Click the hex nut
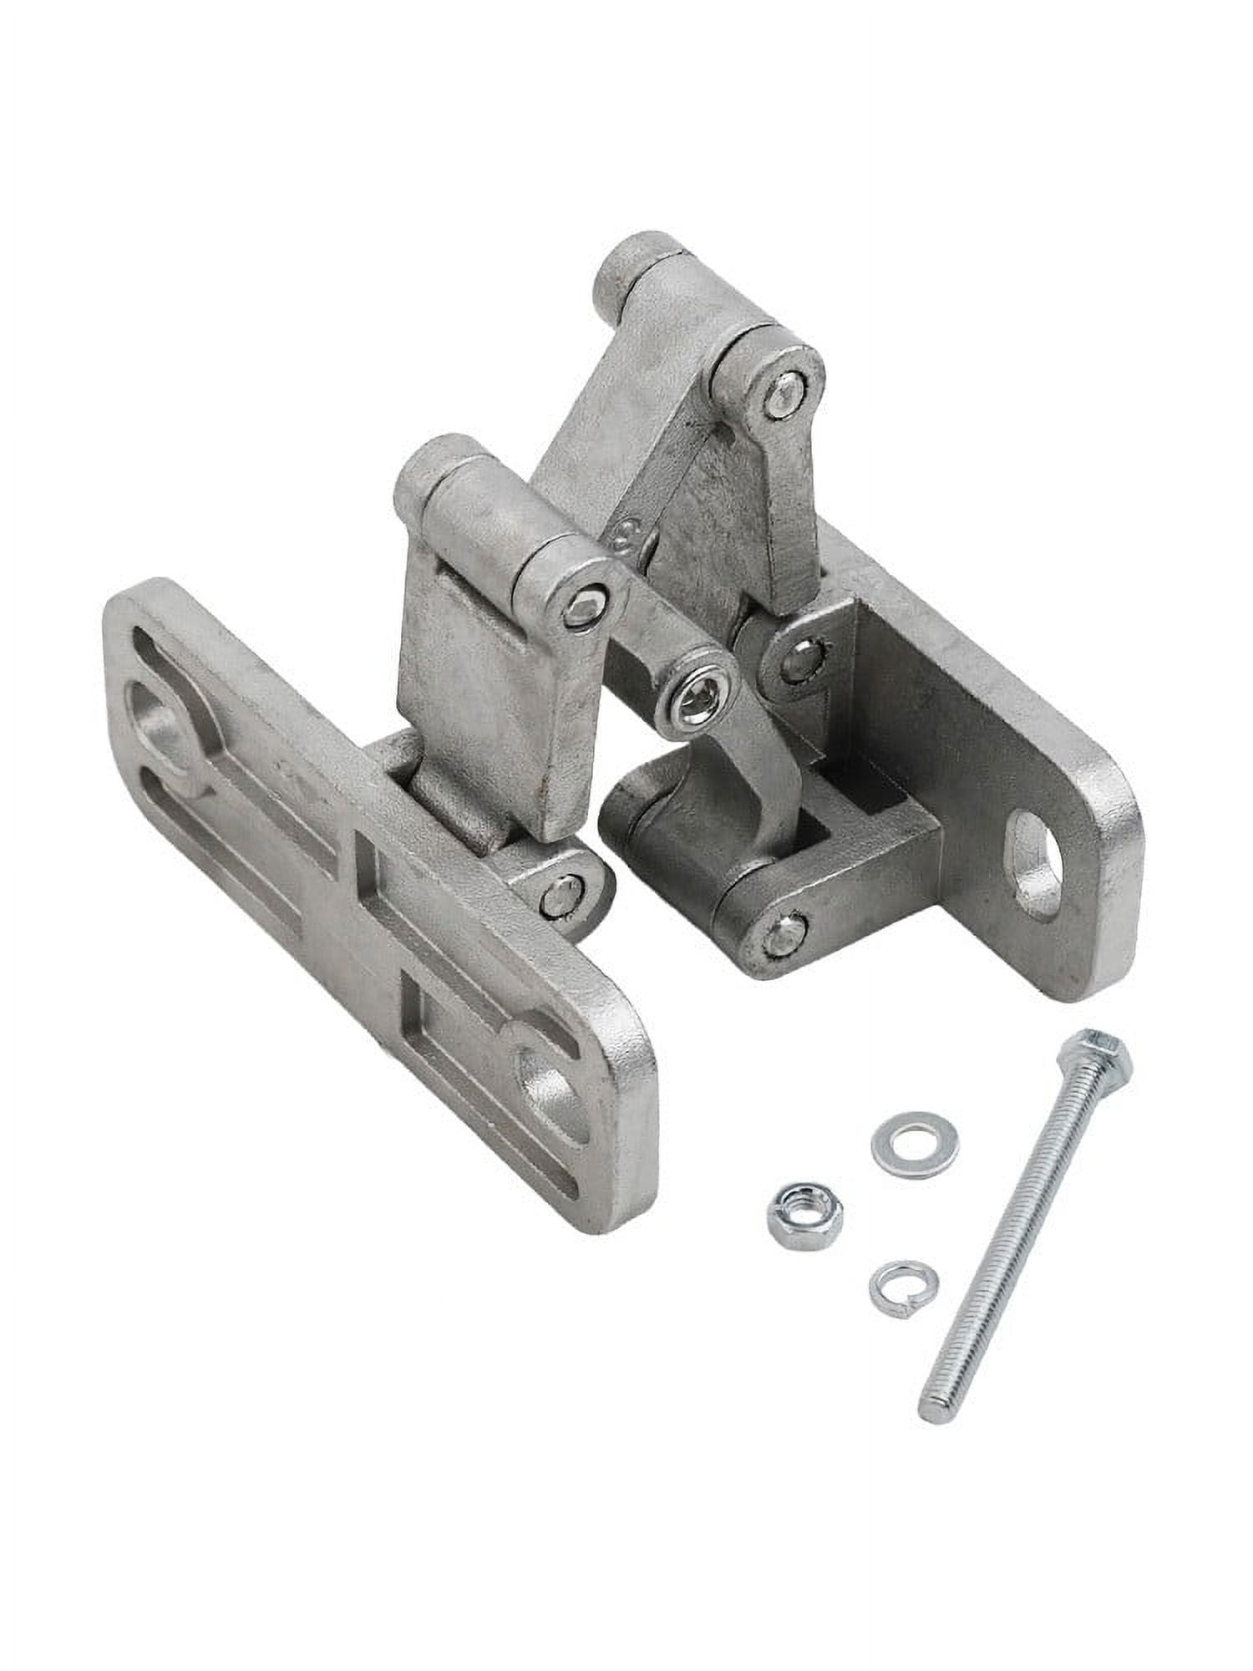[x=804, y=1209]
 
